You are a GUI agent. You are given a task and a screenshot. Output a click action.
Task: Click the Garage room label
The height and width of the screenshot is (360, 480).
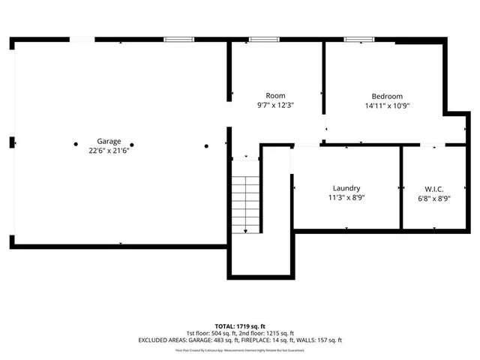109,141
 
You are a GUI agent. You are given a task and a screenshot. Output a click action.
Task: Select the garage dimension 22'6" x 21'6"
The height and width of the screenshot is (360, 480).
109,150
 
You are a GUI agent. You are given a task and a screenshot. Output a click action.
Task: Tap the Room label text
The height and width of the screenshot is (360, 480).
275,96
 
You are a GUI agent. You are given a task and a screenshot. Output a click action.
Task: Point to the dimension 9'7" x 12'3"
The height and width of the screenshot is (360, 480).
275,106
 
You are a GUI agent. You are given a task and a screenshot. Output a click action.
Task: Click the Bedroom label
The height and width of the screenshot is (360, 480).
387,96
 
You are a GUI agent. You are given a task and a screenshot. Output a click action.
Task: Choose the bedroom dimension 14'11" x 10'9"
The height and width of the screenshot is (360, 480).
387,106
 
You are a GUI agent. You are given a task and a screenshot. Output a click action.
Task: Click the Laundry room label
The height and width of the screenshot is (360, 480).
346,188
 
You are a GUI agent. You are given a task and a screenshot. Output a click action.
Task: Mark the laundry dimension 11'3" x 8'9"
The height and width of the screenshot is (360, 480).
346,198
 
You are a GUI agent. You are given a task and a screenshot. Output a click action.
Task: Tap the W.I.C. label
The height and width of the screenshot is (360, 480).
434,188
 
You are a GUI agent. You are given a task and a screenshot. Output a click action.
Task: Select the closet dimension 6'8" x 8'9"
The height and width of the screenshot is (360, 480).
434,198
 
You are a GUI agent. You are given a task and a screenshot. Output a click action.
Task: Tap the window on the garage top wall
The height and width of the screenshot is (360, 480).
178,39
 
